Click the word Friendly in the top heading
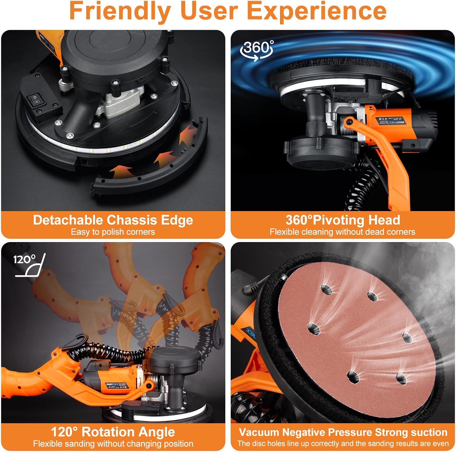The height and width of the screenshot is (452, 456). [120, 11]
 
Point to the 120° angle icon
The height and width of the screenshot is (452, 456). [30, 265]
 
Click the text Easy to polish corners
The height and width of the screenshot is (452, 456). [113, 232]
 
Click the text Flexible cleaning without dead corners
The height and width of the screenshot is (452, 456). [342, 232]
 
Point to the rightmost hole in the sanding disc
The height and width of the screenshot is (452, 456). [407, 337]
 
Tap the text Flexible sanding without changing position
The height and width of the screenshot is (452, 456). [113, 444]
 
